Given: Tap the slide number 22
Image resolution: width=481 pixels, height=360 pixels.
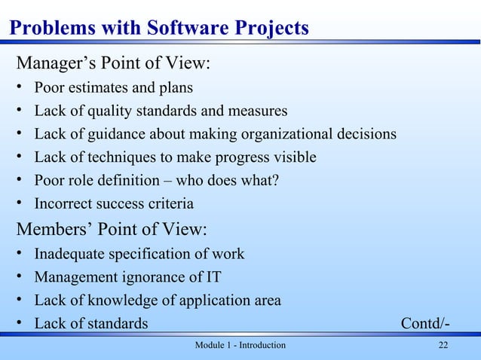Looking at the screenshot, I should [x=443, y=345].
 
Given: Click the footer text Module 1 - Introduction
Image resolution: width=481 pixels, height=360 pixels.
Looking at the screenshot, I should [x=240, y=345].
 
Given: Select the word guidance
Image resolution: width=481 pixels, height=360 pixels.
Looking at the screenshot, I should [x=112, y=134].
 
